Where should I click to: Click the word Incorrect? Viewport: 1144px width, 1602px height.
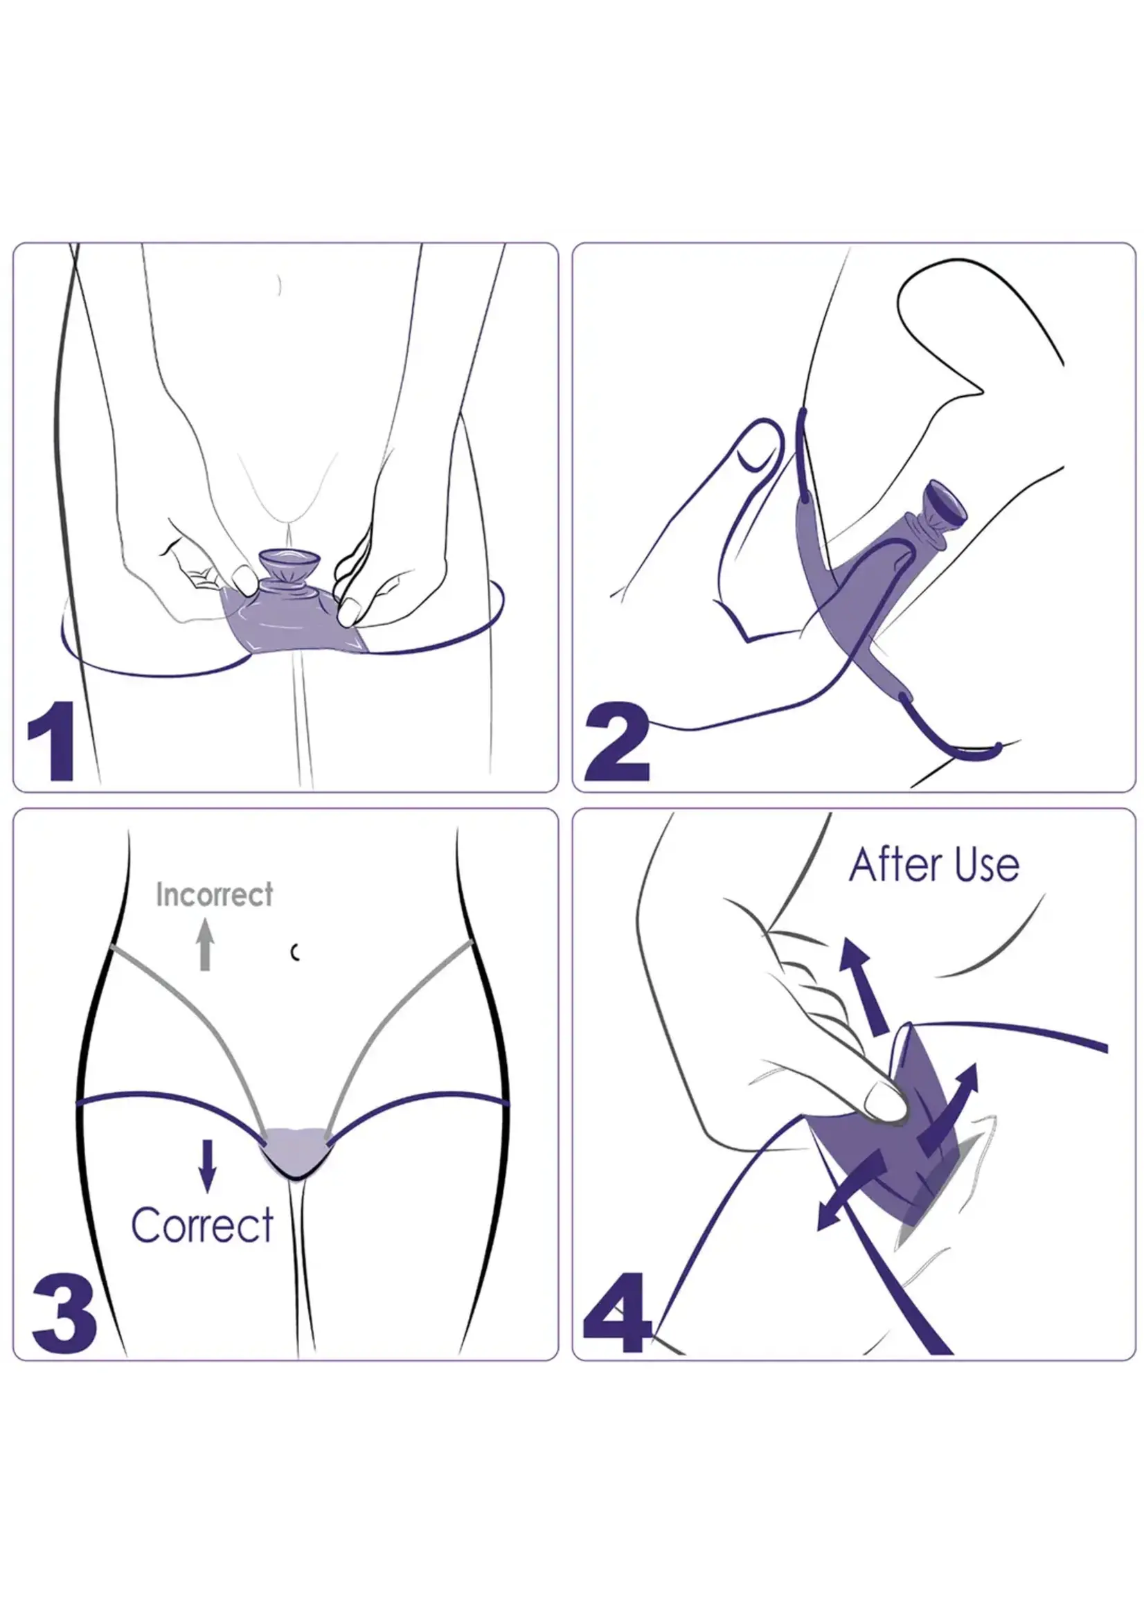click(x=214, y=895)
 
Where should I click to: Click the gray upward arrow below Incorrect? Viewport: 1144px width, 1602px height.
click(x=205, y=945)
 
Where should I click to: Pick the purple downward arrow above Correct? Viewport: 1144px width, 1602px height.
click(x=207, y=1167)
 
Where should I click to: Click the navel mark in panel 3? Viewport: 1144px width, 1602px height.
click(x=296, y=952)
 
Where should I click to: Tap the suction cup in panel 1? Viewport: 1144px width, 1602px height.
click(x=289, y=565)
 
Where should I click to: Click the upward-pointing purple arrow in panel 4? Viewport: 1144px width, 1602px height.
click(x=864, y=987)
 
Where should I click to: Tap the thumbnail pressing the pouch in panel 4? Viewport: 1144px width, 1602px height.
click(x=885, y=1100)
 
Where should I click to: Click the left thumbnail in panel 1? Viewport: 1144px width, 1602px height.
click(x=245, y=580)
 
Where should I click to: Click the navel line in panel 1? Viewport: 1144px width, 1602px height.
click(x=280, y=285)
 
